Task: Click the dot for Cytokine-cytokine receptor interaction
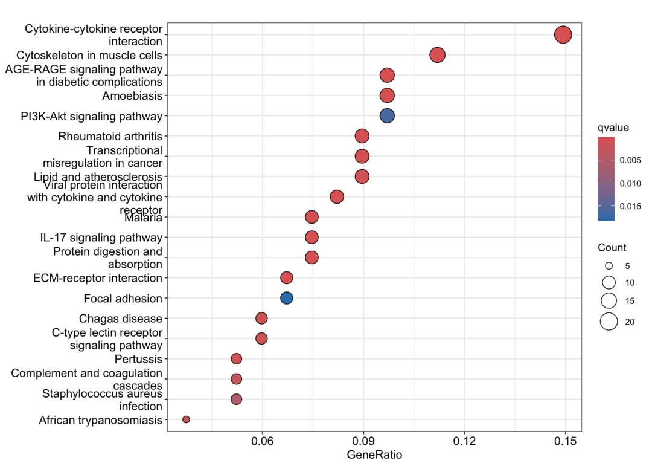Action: click(x=563, y=35)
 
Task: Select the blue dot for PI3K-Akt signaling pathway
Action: click(x=387, y=115)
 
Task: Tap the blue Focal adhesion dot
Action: click(x=287, y=298)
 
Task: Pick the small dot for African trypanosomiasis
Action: click(x=186, y=419)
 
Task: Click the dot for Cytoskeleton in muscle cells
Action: click(x=437, y=55)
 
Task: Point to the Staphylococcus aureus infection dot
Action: click(x=236, y=399)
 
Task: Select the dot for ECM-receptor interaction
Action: click(x=287, y=277)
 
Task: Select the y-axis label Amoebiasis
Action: click(x=132, y=95)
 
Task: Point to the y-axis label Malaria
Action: click(x=143, y=218)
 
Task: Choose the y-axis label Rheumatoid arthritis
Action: click(x=110, y=136)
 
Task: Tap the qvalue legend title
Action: click(x=613, y=128)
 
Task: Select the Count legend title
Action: click(x=612, y=248)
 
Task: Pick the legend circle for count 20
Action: click(x=609, y=322)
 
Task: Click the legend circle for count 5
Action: click(x=609, y=266)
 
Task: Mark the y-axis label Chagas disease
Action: click(x=121, y=319)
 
